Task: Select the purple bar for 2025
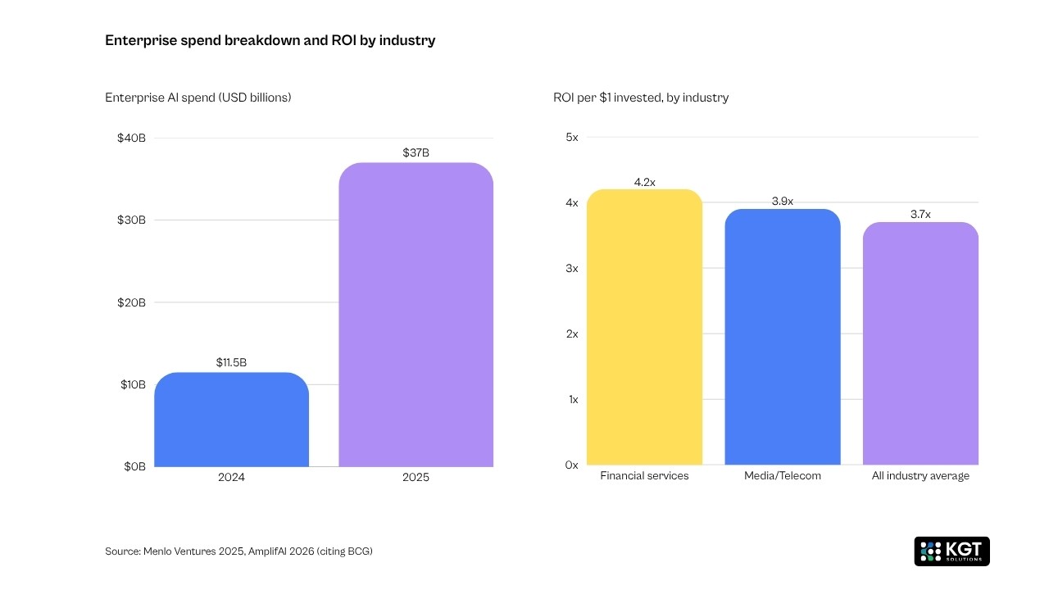(x=416, y=315)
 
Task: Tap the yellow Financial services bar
(x=645, y=327)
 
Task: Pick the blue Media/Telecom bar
(x=783, y=337)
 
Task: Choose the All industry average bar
(x=920, y=343)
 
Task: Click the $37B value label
(x=416, y=152)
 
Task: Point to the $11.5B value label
(x=231, y=362)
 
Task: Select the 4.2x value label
(x=645, y=182)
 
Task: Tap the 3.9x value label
(x=783, y=202)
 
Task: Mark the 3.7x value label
(x=920, y=215)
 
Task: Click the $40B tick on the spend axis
(x=132, y=138)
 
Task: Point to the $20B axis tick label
(x=132, y=302)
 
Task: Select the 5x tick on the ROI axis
(x=571, y=138)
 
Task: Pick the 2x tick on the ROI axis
(x=571, y=334)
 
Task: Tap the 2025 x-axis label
(x=416, y=477)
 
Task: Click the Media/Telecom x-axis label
(x=783, y=476)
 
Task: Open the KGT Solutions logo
(x=951, y=551)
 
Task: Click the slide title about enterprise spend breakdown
(x=270, y=40)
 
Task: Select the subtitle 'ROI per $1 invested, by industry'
(x=641, y=98)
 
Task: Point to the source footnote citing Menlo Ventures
(x=238, y=551)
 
